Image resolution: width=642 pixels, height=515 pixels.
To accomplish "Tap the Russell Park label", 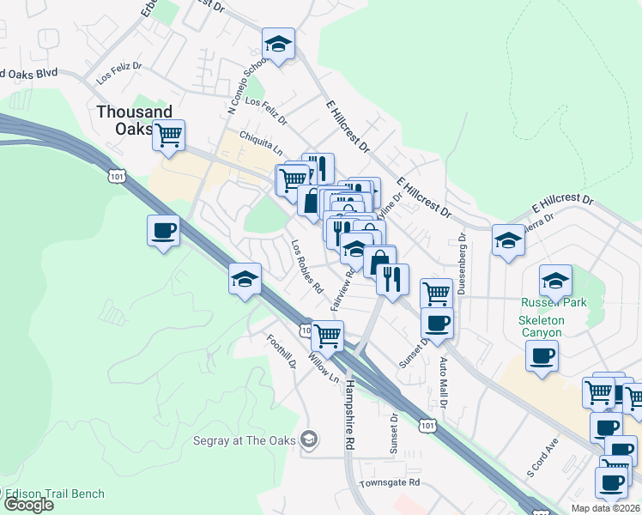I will click(x=553, y=302).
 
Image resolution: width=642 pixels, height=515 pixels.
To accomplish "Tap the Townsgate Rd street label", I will click(x=390, y=483).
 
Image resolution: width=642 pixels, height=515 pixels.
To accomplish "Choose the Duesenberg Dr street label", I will click(x=461, y=263).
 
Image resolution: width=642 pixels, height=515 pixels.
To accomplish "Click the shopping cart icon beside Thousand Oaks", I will click(x=169, y=134).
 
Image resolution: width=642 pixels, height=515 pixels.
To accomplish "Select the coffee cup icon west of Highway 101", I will click(x=163, y=230).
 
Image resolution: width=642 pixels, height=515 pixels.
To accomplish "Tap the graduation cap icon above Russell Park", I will click(x=555, y=280).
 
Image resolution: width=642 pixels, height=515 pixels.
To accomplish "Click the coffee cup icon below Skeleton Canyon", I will click(x=542, y=354).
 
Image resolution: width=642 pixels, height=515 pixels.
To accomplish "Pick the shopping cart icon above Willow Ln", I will click(x=327, y=335).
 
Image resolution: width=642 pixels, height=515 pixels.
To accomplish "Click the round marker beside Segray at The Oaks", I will click(x=309, y=440).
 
